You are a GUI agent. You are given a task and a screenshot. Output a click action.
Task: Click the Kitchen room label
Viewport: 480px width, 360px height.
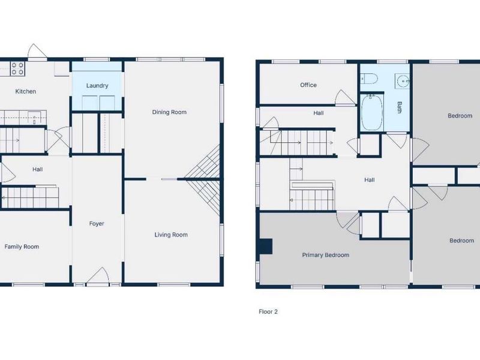pos(26,91)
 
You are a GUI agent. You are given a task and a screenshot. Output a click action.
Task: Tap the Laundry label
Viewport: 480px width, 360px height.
pos(97,86)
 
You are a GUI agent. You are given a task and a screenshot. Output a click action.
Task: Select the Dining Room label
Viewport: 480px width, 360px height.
pos(169,112)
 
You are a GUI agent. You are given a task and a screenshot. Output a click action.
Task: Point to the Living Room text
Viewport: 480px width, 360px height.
pos(171,235)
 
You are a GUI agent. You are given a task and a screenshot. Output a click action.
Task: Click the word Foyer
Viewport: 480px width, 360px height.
pos(97,224)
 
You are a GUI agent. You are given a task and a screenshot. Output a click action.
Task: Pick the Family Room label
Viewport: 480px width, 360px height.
pos(22,247)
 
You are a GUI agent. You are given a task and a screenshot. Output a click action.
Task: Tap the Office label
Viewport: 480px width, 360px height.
pos(308,85)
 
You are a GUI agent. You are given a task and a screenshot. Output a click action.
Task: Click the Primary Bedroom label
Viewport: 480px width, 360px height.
pos(326,255)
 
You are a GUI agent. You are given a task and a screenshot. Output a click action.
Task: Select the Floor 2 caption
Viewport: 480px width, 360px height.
pos(268,311)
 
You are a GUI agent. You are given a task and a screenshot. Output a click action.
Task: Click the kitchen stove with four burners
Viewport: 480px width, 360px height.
pos(17,68)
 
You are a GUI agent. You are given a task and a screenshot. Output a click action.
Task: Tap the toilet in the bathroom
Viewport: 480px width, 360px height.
pos(370,79)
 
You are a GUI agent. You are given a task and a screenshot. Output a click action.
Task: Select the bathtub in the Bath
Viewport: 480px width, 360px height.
pos(372,112)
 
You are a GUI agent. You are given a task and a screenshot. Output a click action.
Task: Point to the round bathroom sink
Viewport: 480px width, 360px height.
pos(402,81)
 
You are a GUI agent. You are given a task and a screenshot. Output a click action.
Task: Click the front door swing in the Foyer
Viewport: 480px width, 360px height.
pos(98,276)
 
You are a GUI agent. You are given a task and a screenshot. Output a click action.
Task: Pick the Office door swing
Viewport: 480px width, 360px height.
pos(346,98)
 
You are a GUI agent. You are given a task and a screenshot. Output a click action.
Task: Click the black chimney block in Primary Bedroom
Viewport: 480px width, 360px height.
pos(266,247)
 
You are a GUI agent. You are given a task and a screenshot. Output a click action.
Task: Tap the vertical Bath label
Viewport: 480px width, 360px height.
pos(400,107)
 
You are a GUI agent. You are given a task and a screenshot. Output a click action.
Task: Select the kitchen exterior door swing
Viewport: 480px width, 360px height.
pos(37,50)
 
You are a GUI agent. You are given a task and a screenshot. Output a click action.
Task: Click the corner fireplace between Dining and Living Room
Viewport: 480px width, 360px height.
pos(203,179)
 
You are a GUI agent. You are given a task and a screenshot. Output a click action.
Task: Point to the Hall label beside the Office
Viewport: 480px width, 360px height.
pos(319,113)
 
